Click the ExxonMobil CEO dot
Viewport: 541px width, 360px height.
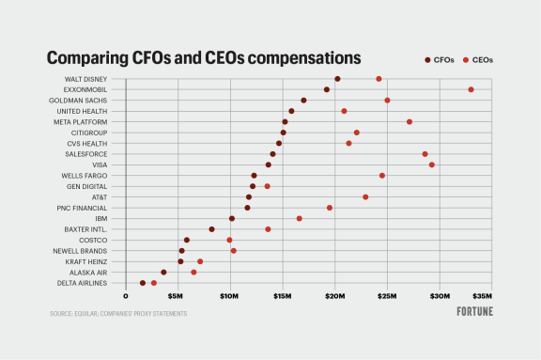click(x=471, y=89)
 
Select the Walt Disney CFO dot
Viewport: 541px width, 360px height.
click(x=337, y=79)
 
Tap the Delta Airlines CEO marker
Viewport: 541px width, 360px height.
click(x=154, y=283)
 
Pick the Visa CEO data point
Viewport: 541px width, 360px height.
click(x=432, y=164)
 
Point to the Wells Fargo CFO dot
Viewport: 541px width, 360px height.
click(x=254, y=176)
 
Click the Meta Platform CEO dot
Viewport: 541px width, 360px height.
click(x=410, y=121)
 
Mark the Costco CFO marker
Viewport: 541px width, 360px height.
click(x=187, y=240)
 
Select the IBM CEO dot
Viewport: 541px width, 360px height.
click(x=300, y=218)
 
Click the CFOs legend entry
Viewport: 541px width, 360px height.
click(x=439, y=59)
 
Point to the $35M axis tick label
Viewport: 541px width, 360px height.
click(x=482, y=295)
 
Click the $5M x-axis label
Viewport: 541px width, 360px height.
click(x=175, y=295)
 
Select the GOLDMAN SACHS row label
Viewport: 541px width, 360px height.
click(x=80, y=100)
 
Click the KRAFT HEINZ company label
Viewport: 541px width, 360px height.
click(x=85, y=261)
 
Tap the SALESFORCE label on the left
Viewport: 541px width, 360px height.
click(x=86, y=153)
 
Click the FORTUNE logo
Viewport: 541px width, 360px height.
click(x=475, y=310)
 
